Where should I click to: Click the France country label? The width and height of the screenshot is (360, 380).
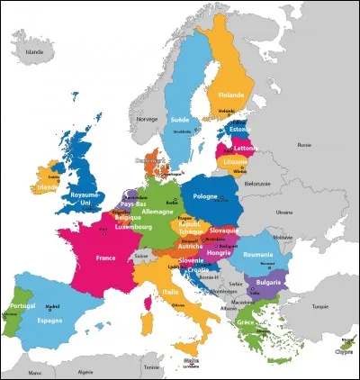(99, 258)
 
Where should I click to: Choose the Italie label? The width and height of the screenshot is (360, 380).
(168, 293)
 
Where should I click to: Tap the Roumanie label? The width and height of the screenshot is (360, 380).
(256, 256)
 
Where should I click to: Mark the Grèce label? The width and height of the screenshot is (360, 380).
(246, 322)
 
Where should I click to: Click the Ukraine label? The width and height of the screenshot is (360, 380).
(285, 213)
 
